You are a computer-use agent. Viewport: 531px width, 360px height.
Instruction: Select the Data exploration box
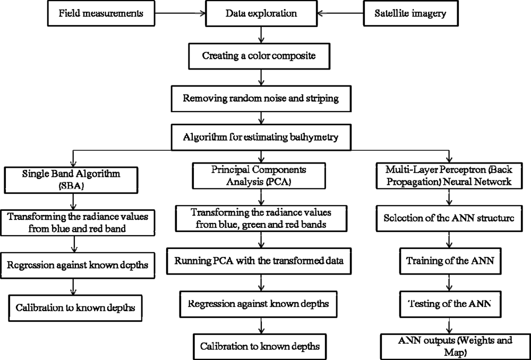tap(260, 13)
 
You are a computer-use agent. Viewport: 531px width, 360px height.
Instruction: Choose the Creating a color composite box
tap(260, 54)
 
